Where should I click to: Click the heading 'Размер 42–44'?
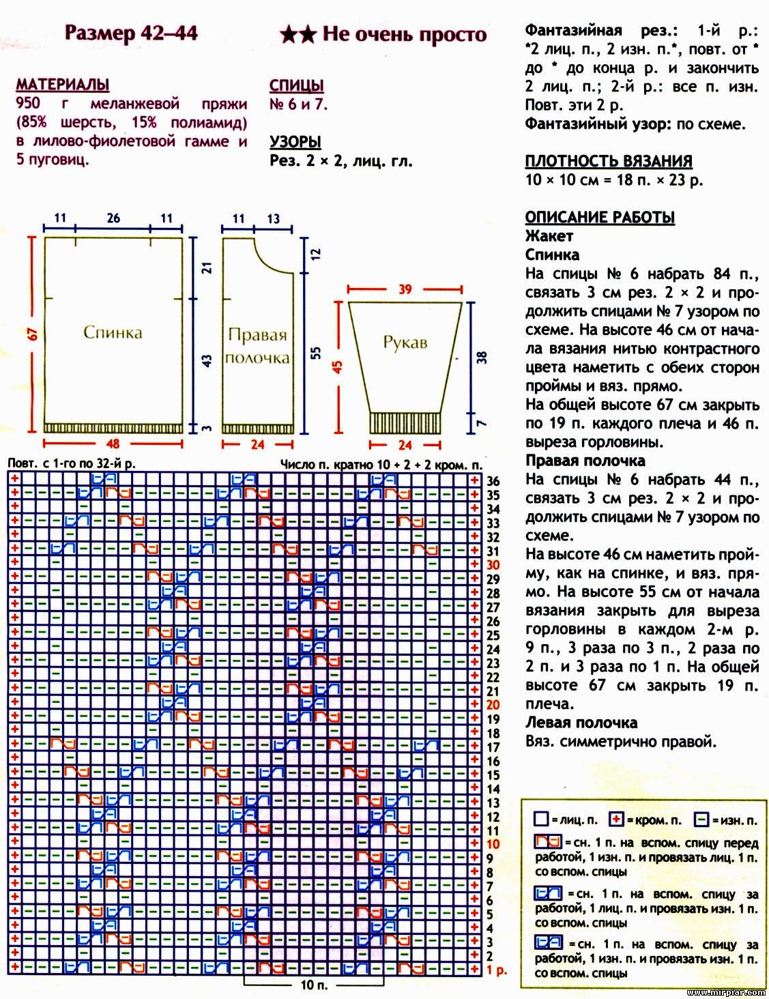[x=130, y=33]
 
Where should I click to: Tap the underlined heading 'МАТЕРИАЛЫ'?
[x=62, y=85]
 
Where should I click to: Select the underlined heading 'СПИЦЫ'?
[x=296, y=86]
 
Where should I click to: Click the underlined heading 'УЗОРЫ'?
[x=295, y=142]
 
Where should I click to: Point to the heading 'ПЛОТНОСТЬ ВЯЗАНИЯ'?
[x=608, y=162]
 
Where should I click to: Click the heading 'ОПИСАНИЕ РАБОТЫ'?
[x=599, y=218]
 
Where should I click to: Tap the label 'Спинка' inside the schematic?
[x=113, y=332]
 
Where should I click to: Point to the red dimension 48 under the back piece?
[x=113, y=444]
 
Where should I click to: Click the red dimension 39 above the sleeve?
[x=405, y=289]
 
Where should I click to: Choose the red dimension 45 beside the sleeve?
[x=337, y=366]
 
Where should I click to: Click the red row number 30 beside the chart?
[x=493, y=565]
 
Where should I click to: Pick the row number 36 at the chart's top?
[x=493, y=481]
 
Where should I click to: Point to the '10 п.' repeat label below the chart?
[x=313, y=985]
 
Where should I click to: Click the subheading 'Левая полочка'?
[x=581, y=723]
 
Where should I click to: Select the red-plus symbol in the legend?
[x=617, y=820]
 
